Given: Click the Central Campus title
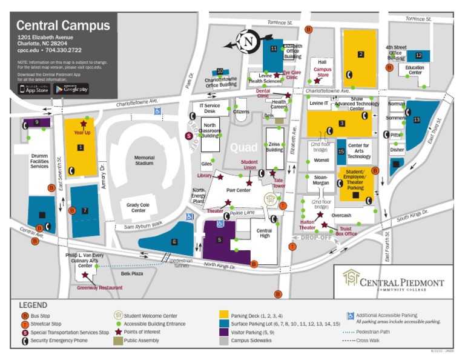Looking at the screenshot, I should tap(63, 25).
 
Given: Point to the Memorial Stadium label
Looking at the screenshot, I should tap(144, 161).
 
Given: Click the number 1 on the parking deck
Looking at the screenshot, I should tap(80, 147).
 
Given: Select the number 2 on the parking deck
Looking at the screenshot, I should tap(361, 55).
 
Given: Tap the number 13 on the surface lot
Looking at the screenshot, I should tap(416, 120).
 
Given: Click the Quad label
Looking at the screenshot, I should tap(243, 147).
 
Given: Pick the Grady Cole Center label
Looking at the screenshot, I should tap(139, 208).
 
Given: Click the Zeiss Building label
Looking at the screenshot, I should tap(274, 147).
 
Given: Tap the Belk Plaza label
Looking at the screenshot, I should tap(131, 274).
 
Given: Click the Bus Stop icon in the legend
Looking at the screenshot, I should tap(25, 316).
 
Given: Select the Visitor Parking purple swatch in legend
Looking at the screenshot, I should tap(223, 332).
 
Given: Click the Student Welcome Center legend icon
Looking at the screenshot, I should tap(119, 315).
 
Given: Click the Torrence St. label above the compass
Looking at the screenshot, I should tap(280, 22).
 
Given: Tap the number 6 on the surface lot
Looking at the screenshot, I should tap(174, 242).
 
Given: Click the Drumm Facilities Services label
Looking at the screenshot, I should tap(39, 161).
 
